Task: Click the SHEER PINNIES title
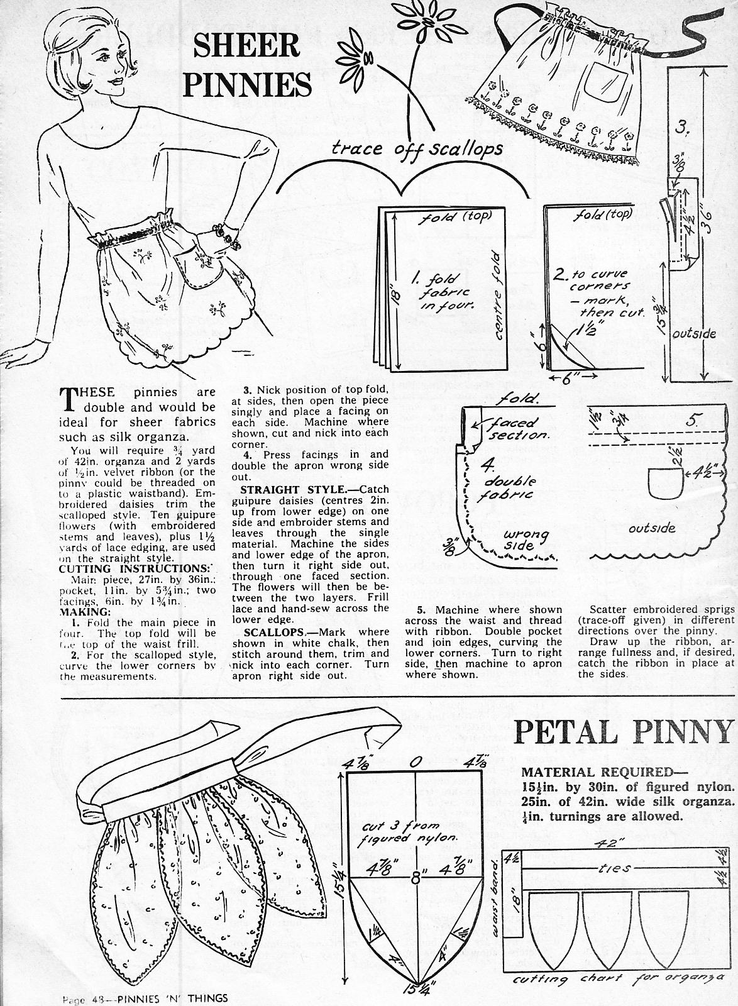tap(246, 65)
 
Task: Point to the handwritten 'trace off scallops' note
tap(417, 148)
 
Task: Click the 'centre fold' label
tap(498, 296)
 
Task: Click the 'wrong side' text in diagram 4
tap(526, 540)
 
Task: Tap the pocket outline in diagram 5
tap(666, 484)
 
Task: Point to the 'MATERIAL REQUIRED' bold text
tap(604, 773)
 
